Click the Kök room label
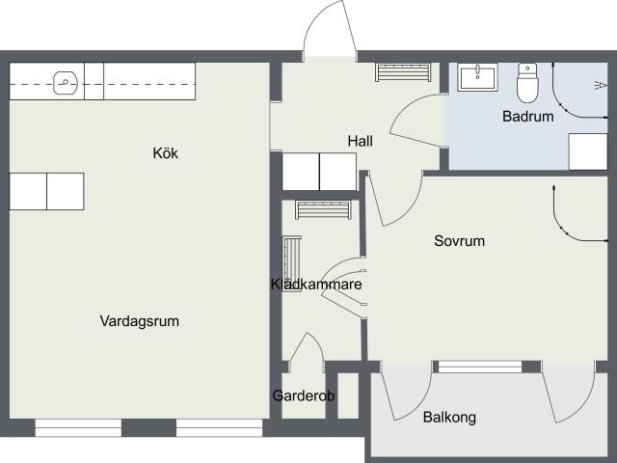pos(165,153)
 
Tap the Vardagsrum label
pos(139,321)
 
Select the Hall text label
pos(360,141)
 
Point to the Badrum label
pos(528,117)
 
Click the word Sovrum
pos(459,241)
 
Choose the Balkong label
pos(449,418)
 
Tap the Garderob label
pos(304,395)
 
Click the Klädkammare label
pos(316,285)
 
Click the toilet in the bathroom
pos(527,83)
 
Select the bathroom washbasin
pos(477,77)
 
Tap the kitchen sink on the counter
pos(66,83)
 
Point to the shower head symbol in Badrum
pos(600,85)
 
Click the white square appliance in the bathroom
pos(588,151)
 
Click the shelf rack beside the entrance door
pos(403,72)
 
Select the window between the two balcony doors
pos(480,367)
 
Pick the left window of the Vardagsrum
pos(78,428)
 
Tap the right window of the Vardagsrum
pos(219,428)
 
